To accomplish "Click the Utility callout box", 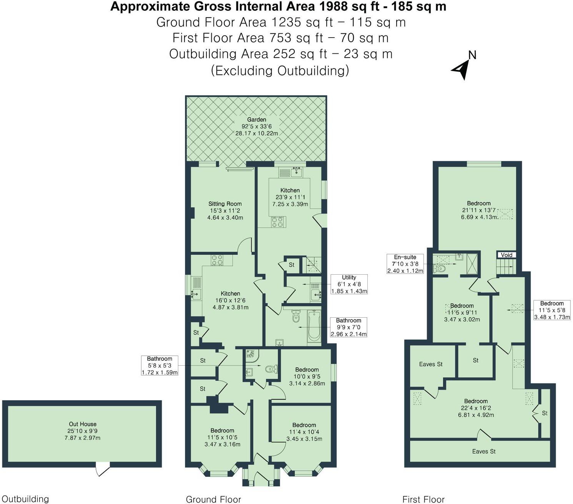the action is pos(349,284).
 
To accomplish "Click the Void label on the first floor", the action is pos(506,255).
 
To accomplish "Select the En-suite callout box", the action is pos(405,264).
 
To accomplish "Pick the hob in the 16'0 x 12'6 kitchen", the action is pos(217,260).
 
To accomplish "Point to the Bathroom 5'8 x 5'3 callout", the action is pos(159,365).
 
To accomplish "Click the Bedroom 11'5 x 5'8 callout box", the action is pos(552,310).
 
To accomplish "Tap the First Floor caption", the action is pos(424,499).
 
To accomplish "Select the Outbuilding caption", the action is pos(25,499).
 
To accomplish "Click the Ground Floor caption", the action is pos(213,499).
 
